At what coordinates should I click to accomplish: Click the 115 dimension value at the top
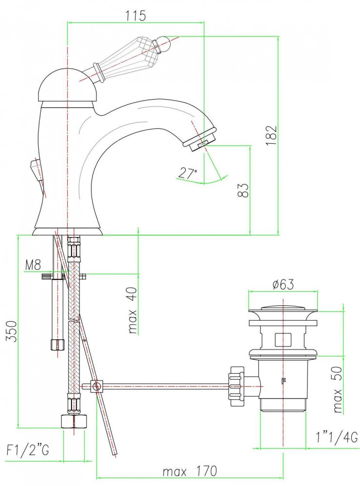tap(135, 16)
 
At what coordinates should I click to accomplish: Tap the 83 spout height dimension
tap(244, 190)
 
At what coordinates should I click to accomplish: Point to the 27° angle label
tap(187, 174)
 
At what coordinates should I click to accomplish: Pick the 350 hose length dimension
tap(12, 331)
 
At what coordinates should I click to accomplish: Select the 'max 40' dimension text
tap(132, 310)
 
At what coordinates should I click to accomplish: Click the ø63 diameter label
tap(283, 284)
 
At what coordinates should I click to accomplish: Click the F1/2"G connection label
tap(28, 450)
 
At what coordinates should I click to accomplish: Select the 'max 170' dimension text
tap(190, 471)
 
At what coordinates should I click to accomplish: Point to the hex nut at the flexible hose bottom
tap(73, 421)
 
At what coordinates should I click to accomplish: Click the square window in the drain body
tap(283, 339)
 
